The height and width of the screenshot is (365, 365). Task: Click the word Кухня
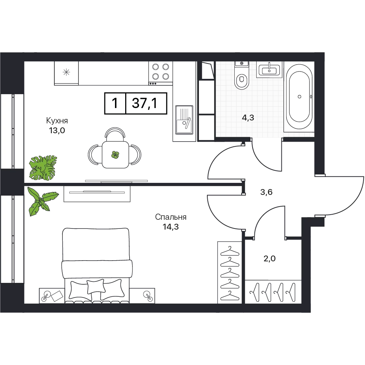[x=57, y=120]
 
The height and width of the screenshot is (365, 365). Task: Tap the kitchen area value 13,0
[x=57, y=131]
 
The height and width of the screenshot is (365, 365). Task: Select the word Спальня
[x=170, y=217]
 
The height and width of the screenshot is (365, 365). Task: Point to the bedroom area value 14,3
[x=170, y=227]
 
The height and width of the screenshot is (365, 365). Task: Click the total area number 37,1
[x=145, y=103]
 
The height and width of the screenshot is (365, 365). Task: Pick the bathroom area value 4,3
[x=248, y=118]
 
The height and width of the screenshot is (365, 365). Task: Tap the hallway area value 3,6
[x=266, y=192]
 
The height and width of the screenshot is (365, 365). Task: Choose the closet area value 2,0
[x=270, y=258]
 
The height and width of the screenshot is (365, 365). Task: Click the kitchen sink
[x=184, y=120]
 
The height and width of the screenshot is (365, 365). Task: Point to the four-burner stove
[x=161, y=73]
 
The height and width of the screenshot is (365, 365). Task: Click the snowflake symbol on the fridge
[x=66, y=72]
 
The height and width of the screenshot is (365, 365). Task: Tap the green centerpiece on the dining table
[x=115, y=154]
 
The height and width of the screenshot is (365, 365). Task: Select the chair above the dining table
[x=115, y=134]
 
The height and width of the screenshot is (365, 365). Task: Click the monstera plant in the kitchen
[x=43, y=168]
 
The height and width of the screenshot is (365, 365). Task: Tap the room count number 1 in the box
[x=115, y=103]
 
